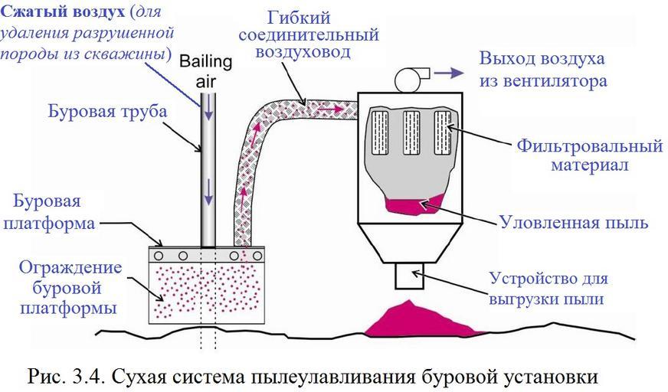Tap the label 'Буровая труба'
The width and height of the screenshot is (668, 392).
(107, 112)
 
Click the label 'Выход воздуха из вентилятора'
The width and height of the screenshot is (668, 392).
(542, 69)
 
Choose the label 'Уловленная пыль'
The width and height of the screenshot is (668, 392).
(574, 223)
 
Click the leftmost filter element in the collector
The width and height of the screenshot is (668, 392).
(381, 131)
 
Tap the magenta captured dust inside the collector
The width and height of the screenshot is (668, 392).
(414, 204)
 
